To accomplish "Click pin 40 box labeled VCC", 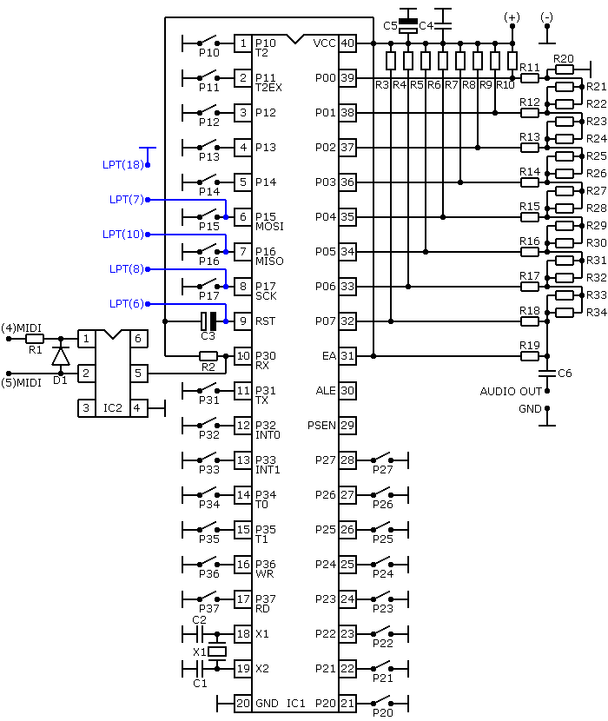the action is click(347, 43).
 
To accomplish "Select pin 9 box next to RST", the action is click(243, 321).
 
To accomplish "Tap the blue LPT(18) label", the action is click(123, 165).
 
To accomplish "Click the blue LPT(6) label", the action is click(127, 303).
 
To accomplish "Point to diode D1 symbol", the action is click(61, 356).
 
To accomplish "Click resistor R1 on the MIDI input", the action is click(35, 339).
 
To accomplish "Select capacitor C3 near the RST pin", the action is click(208, 321).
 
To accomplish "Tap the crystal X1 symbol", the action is click(217, 652).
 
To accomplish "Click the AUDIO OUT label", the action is click(511, 391).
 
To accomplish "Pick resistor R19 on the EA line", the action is click(529, 356).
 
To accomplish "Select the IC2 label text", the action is click(113, 408).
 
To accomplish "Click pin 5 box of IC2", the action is click(138, 374).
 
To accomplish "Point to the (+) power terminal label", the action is click(512, 17).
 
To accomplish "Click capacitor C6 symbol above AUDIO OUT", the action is click(547, 373).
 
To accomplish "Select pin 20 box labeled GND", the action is click(243, 703).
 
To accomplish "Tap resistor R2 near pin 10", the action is click(208, 356).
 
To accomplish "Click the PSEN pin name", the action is click(321, 426).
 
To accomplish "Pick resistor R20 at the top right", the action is click(565, 69).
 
